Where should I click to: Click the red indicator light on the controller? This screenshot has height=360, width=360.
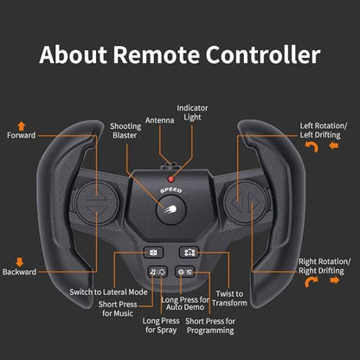coord(171,179)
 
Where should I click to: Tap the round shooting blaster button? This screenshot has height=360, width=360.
coord(171,209)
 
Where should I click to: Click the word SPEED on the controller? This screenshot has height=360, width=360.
coord(171,190)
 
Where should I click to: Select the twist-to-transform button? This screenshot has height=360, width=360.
coord(189,253)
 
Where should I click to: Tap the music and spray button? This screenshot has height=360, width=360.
coord(157,272)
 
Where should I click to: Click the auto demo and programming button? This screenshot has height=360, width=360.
coord(185,272)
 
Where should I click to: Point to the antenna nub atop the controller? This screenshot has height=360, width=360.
coord(170,166)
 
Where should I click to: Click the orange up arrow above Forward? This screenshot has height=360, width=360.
coord(22,126)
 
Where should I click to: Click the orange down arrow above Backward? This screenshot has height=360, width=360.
coord(20,262)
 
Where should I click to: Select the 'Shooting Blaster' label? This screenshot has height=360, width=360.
coord(125,131)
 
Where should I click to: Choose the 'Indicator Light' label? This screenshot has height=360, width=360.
coord(192,112)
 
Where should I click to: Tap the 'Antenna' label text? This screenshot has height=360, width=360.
coord(159,120)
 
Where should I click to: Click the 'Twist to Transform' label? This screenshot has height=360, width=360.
coord(229,299)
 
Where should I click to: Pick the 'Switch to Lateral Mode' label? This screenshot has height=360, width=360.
coord(108,292)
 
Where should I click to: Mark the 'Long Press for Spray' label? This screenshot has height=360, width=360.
coord(161,325)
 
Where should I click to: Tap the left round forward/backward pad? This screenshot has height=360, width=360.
coord(96,202)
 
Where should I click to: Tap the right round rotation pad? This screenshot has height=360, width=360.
coord(246,202)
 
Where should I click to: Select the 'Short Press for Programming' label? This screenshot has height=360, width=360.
coord(210,325)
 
